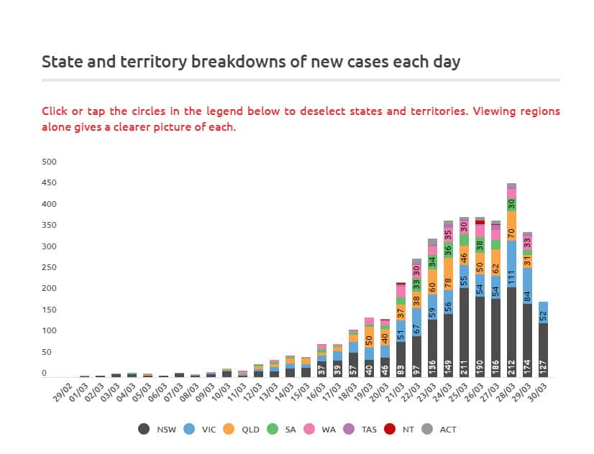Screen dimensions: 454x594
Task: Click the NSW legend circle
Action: tap(144, 429)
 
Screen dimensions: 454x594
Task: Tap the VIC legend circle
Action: tap(189, 429)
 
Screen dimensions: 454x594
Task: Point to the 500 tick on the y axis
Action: tap(49, 162)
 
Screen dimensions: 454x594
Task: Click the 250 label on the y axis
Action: tap(49, 268)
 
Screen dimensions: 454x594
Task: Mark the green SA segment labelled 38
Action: tap(480, 245)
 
